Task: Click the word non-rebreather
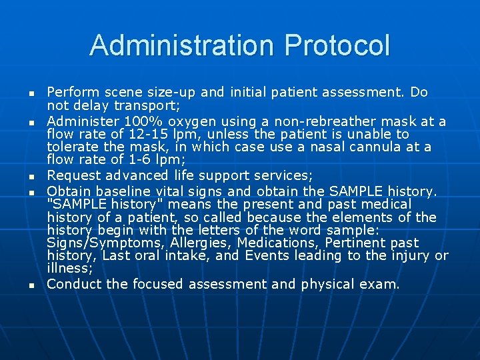(334, 121)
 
